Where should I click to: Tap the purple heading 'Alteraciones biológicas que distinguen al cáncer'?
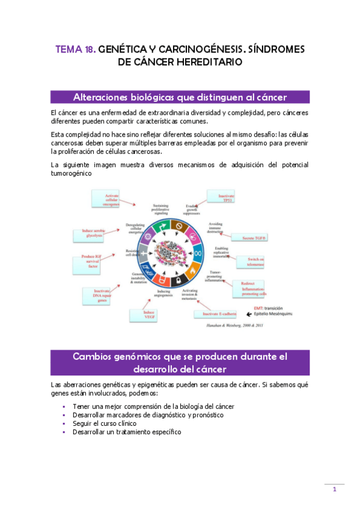click(x=180, y=97)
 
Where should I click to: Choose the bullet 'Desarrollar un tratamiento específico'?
click(x=126, y=432)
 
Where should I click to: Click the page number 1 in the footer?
click(x=335, y=490)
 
